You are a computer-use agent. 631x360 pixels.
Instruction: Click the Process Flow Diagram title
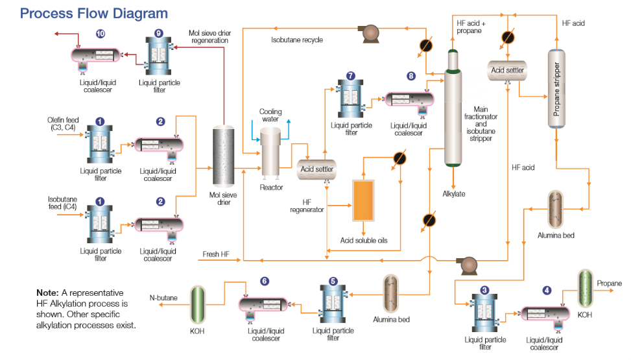click(x=94, y=14)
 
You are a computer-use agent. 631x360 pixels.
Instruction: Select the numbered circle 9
click(x=159, y=34)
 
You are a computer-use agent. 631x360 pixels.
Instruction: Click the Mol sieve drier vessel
click(x=223, y=156)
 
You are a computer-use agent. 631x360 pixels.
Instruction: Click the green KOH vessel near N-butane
click(x=197, y=305)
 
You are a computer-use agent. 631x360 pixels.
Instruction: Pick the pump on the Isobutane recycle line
click(x=370, y=33)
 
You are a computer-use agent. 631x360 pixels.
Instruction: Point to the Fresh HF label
click(x=215, y=254)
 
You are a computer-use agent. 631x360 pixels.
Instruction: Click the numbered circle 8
click(x=411, y=76)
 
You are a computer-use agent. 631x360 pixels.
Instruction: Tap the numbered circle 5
click(x=333, y=281)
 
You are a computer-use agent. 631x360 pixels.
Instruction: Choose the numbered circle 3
click(x=484, y=289)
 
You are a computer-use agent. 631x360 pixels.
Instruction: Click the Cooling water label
click(x=270, y=115)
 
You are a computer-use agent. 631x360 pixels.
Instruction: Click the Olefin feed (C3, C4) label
click(x=62, y=124)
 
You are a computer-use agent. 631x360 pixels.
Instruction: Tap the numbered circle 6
click(x=264, y=281)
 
